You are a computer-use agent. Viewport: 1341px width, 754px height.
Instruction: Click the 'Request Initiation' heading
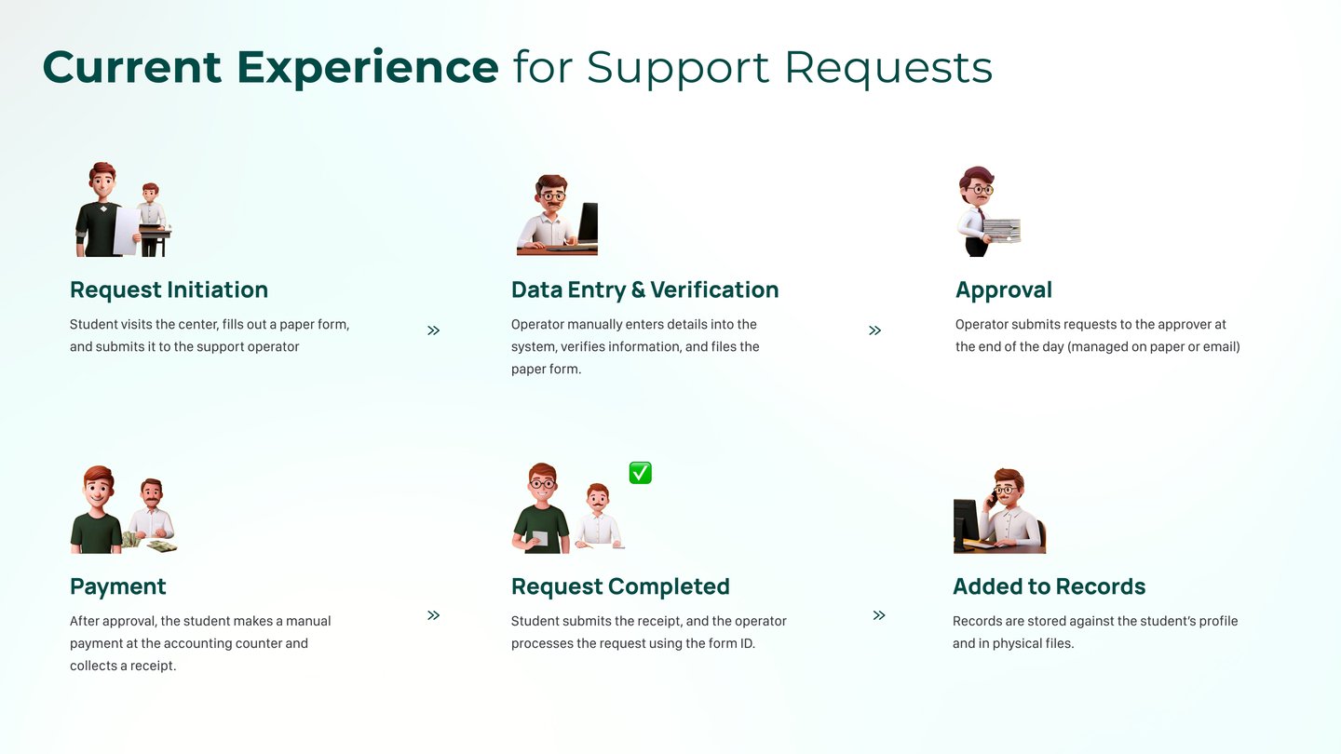(x=169, y=289)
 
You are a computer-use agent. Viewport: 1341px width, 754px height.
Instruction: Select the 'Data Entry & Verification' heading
(x=644, y=289)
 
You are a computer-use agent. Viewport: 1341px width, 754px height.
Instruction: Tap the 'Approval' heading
(x=1003, y=289)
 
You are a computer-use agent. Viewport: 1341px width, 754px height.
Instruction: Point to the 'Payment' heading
(x=117, y=586)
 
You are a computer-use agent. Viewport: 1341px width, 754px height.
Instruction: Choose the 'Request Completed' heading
(x=620, y=586)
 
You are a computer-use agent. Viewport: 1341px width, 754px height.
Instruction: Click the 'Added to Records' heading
(x=1049, y=586)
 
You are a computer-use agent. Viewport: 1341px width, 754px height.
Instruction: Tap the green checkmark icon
(x=640, y=473)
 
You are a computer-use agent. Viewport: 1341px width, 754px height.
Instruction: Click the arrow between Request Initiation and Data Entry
(x=433, y=330)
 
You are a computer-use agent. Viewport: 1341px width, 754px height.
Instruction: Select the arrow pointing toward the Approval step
(x=874, y=330)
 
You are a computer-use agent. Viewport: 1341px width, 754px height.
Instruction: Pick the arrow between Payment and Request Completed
(x=433, y=615)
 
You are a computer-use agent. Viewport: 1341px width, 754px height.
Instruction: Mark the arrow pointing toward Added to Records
(x=878, y=615)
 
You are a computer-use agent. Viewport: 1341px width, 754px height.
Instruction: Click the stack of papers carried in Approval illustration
(x=1002, y=230)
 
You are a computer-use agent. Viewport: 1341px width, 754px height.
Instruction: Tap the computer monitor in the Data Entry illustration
(x=588, y=223)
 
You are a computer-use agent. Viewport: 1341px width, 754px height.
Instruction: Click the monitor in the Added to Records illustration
(x=966, y=523)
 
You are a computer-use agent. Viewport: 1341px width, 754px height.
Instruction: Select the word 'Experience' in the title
(x=367, y=67)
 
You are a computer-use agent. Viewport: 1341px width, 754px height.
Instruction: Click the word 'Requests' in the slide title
(x=888, y=67)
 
